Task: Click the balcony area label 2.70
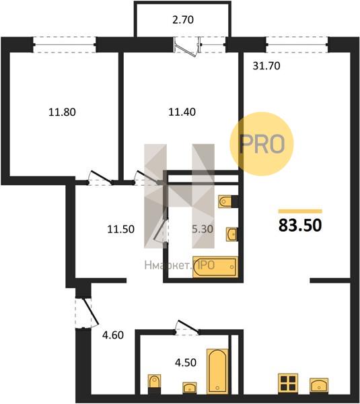point(183,20)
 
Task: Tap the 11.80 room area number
point(62,112)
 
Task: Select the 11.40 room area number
point(182,112)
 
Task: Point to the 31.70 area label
point(266,66)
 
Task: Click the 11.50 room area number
point(120,229)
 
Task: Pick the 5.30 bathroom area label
point(203,229)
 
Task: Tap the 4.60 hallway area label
point(113,335)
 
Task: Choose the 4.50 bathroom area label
point(186,362)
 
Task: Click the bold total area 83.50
point(300,225)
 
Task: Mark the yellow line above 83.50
point(300,211)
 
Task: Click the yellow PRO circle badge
point(262,144)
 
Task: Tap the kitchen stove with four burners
point(288,383)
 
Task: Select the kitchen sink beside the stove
point(319,386)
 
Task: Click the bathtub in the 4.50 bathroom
point(217,371)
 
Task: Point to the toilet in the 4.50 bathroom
point(155,384)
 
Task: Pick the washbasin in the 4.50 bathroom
point(190,388)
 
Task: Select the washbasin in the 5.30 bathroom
point(231,234)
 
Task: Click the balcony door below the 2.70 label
point(187,46)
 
